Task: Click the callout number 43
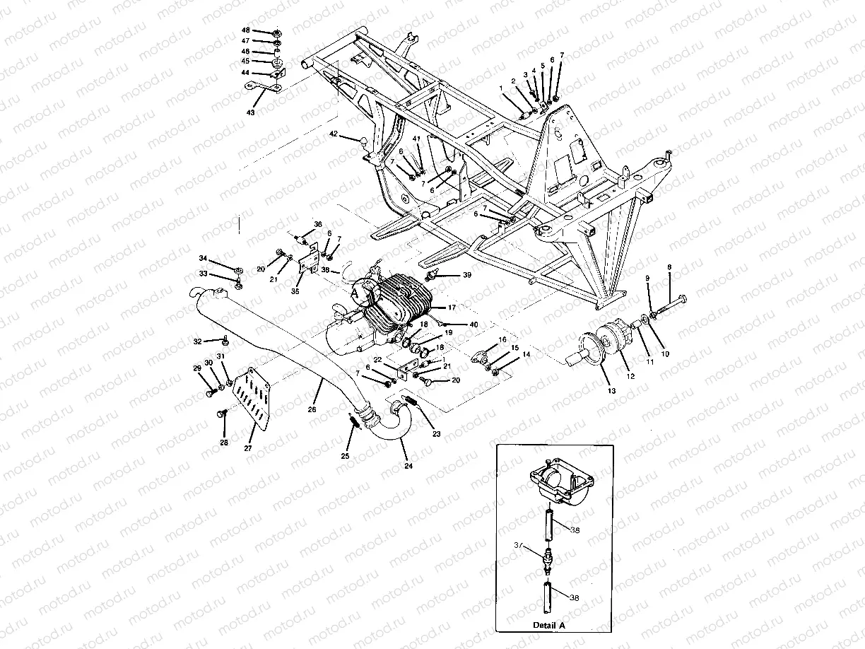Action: pos(250,112)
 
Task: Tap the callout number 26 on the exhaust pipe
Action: pos(312,409)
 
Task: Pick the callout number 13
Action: pos(611,391)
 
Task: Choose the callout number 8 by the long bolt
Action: pos(669,267)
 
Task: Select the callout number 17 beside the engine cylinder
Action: pos(451,308)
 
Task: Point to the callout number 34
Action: pos(203,258)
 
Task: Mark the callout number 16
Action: pos(502,340)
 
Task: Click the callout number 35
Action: pos(295,291)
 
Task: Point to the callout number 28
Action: pos(224,443)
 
